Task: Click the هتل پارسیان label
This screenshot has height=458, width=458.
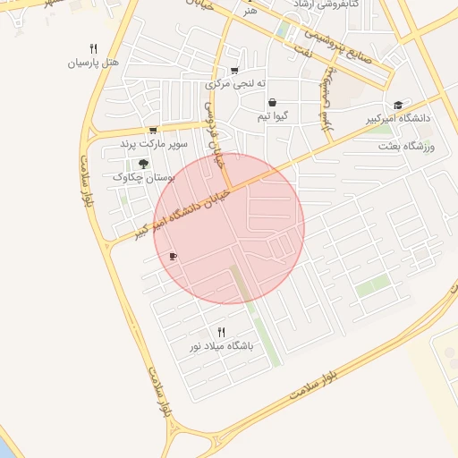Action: (x=93, y=64)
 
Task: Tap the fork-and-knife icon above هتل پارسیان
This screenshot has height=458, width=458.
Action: (x=93, y=48)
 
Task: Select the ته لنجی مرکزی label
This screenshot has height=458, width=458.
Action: (x=235, y=84)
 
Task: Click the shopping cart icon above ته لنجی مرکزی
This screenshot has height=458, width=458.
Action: (x=234, y=71)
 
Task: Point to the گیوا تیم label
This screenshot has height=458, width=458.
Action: (x=272, y=116)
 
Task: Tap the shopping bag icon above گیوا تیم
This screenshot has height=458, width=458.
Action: (x=272, y=102)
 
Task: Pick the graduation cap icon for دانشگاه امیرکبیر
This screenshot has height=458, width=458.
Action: (x=398, y=105)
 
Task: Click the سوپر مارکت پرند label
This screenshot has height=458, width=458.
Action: (x=153, y=143)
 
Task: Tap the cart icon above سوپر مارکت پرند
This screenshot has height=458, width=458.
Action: (x=153, y=130)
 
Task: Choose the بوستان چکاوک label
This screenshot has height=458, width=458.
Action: (x=143, y=177)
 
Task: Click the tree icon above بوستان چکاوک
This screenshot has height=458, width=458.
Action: (x=143, y=164)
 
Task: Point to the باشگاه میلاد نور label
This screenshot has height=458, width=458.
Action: (x=221, y=345)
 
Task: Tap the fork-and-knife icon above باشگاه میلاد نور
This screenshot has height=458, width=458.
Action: (x=221, y=332)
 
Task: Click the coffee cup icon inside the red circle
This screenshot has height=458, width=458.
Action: (x=173, y=257)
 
